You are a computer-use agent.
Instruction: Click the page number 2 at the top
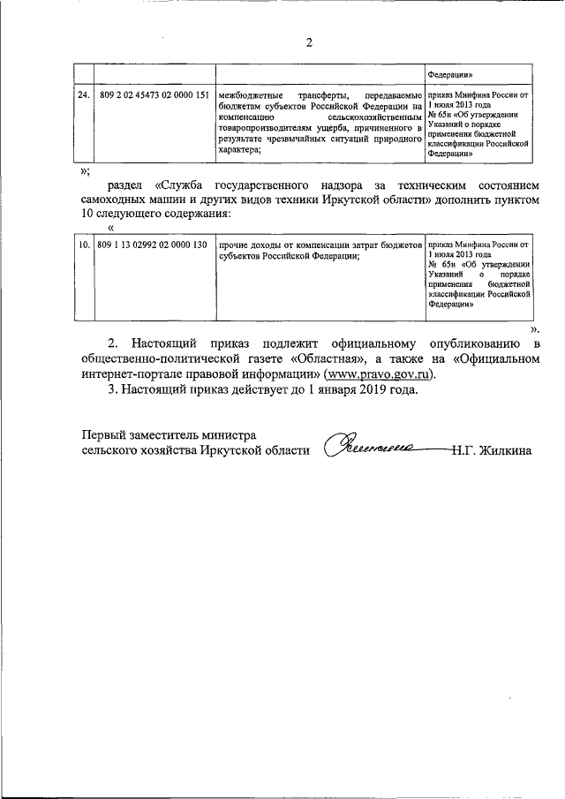click(308, 41)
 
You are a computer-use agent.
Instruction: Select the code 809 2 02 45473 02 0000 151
click(154, 94)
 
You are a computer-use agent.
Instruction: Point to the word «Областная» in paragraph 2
click(332, 358)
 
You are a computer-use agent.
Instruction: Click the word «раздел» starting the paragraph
click(128, 187)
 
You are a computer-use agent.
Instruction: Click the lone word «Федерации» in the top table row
click(456, 76)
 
